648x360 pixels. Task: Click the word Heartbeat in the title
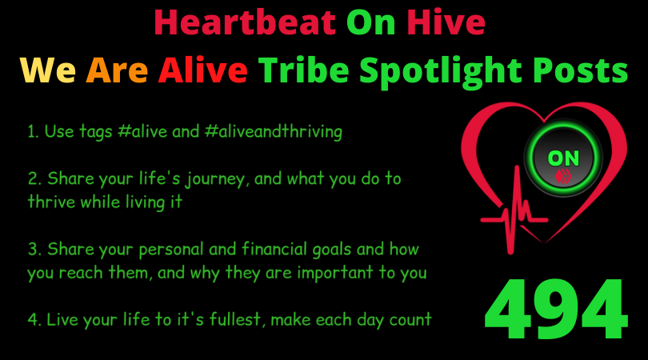[x=245, y=22]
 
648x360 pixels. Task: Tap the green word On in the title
[x=370, y=22]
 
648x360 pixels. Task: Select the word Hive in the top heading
[x=446, y=22]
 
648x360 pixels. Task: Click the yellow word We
[x=48, y=70]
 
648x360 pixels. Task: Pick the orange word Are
[x=117, y=70]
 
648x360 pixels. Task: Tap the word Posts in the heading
[x=580, y=70]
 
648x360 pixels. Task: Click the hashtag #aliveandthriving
[x=273, y=132]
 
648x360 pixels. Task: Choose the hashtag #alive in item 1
[x=142, y=132]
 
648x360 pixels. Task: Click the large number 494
[x=556, y=309]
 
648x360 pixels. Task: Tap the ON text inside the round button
[x=563, y=158]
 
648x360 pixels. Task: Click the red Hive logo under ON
[x=563, y=176]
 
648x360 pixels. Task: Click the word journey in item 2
[x=216, y=180]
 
